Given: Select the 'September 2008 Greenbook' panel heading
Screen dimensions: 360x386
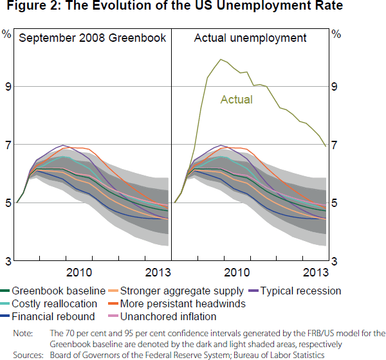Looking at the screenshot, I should click(x=93, y=38).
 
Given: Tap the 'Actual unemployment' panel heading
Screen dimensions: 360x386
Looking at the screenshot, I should click(x=250, y=38).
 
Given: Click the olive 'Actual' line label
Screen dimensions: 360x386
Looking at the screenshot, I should click(x=237, y=100).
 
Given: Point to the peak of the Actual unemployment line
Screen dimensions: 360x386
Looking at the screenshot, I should click(x=221, y=59).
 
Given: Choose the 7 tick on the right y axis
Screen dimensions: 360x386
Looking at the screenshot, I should click(x=335, y=145).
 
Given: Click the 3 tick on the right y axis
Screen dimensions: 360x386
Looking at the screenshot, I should click(x=335, y=262).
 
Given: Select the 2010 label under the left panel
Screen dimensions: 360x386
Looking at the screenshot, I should click(x=83, y=272).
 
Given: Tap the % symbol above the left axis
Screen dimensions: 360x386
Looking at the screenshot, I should click(x=6, y=33).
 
